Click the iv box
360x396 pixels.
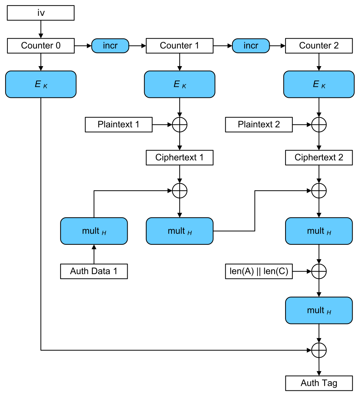[x=41, y=13]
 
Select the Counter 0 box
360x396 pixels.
[x=41, y=46]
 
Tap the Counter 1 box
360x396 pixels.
[x=179, y=46]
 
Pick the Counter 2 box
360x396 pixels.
[x=319, y=46]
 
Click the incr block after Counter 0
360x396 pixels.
[x=110, y=46]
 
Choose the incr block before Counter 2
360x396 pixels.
[x=251, y=46]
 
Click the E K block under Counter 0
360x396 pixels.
[x=41, y=84]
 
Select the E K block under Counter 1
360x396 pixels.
[x=179, y=84]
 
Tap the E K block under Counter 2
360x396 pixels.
[x=319, y=84]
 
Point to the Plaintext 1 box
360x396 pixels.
[x=118, y=124]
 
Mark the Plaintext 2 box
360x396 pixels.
[x=259, y=124]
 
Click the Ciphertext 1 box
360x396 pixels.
[x=179, y=158]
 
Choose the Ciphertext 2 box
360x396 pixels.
[x=319, y=158]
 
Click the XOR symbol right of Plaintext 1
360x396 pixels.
[x=180, y=124]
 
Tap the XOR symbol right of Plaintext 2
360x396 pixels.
[x=319, y=124]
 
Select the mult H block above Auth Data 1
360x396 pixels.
[x=94, y=231]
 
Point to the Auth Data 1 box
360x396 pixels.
[x=94, y=272]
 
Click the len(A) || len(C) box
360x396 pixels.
[x=259, y=272]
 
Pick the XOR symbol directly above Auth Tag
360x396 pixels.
[x=319, y=350]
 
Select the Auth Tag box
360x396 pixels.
[x=319, y=383]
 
